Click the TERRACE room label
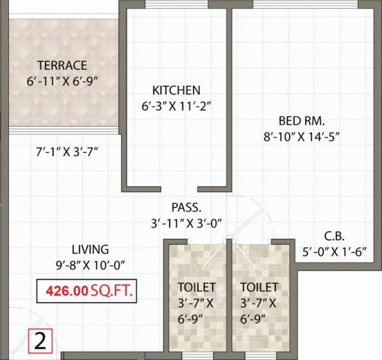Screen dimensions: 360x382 coord(62,65)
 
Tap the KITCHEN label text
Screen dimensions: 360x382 coord(176,90)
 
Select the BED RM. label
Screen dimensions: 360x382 coord(302,120)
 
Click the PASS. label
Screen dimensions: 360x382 coord(186,207)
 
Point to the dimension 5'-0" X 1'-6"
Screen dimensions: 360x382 coord(334,251)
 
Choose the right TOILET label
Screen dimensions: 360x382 coord(260,287)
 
